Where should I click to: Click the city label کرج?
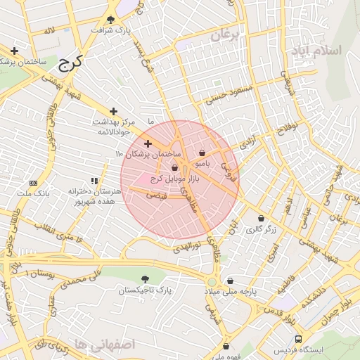[x=70, y=64]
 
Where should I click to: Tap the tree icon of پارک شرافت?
[x=111, y=19]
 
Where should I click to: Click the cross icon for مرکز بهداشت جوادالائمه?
[x=113, y=111]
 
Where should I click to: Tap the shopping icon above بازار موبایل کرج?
[x=174, y=167]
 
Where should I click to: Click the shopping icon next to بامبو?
[x=202, y=153]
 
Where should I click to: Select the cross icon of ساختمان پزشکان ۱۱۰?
[x=148, y=143]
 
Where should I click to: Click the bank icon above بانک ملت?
[x=33, y=183]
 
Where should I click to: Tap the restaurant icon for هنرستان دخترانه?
[x=94, y=181]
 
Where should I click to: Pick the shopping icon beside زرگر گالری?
[x=261, y=219]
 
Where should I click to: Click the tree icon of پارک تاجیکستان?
[x=145, y=279]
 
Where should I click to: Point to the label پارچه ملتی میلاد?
[x=231, y=290]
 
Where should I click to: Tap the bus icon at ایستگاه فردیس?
[x=300, y=338]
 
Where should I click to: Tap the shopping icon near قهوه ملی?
[x=226, y=346]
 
